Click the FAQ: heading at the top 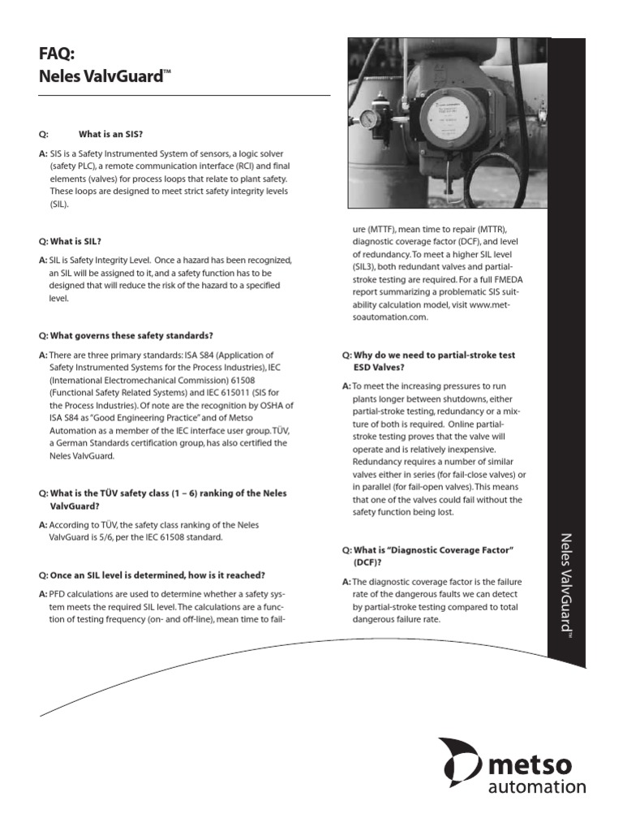pyautogui.click(x=57, y=54)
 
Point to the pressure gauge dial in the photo pyautogui.click(x=369, y=119)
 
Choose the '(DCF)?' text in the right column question pyautogui.click(x=367, y=562)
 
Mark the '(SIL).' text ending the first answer pyautogui.click(x=60, y=205)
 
